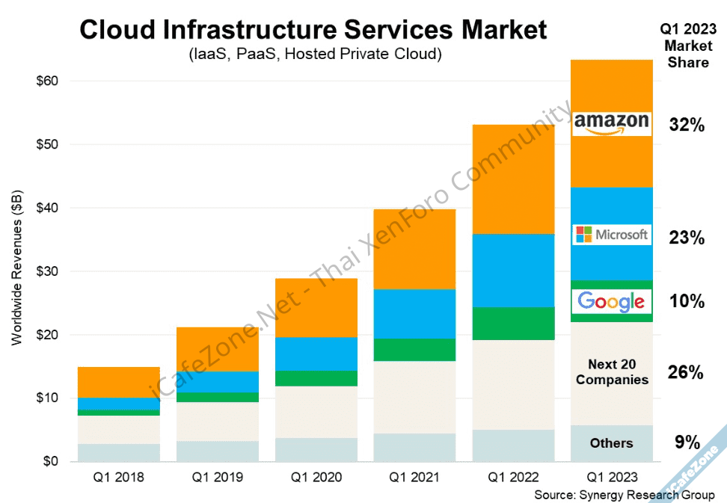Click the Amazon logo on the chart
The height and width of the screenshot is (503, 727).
[x=612, y=123]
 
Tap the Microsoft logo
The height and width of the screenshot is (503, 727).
[x=612, y=235]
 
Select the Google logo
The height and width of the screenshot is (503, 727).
[x=612, y=301]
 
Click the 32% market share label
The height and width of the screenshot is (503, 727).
[x=687, y=126]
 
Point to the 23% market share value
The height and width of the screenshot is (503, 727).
[x=687, y=238]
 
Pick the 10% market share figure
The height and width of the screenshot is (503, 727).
[x=687, y=302]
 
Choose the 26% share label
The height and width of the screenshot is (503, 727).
[x=687, y=372]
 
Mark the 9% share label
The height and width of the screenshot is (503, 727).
[x=687, y=442]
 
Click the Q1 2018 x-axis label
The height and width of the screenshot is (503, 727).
[x=118, y=477]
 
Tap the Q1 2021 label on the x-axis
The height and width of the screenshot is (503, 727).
[x=414, y=477]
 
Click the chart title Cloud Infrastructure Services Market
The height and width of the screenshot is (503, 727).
[x=313, y=31]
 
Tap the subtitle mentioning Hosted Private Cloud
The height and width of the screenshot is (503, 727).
[x=313, y=55]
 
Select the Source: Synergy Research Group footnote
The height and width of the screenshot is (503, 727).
[x=625, y=495]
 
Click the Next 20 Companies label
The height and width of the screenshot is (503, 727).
[x=612, y=372]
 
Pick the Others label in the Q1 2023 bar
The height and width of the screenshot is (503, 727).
[x=612, y=443]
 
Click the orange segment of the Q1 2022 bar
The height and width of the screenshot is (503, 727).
[x=513, y=179]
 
